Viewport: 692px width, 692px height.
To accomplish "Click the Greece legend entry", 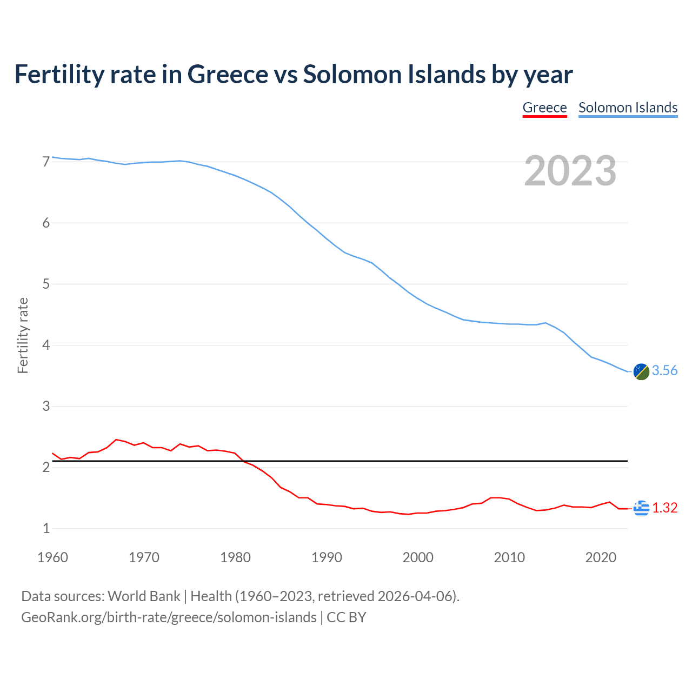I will click(544, 108).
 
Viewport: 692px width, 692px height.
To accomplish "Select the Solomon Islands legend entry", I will click(628, 108).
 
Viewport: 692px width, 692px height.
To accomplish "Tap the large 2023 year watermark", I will click(570, 171).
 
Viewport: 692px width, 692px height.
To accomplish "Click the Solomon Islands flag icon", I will click(641, 371).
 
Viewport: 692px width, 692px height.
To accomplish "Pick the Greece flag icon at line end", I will click(641, 508).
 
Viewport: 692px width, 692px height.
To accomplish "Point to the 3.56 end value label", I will click(664, 371).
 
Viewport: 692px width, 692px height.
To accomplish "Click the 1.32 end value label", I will click(664, 508).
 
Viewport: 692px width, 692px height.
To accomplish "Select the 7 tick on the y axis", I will click(46, 162).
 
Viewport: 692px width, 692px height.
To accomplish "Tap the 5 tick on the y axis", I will click(46, 284).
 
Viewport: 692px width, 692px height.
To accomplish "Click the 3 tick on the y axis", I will click(46, 406).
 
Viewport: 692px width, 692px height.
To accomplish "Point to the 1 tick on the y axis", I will click(46, 528).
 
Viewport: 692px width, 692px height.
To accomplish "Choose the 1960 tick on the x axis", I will click(52, 557).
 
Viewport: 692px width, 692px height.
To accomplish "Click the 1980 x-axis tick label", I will click(235, 557).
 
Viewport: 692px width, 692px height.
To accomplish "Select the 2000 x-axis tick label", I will click(418, 557).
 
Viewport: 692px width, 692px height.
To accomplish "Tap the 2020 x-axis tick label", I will click(601, 557).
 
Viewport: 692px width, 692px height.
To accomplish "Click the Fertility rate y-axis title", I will click(23, 335).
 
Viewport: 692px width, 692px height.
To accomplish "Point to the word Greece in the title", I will click(228, 74).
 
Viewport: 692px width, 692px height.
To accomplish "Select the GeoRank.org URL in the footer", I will click(169, 617).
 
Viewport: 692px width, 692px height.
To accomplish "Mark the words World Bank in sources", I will click(144, 596).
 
